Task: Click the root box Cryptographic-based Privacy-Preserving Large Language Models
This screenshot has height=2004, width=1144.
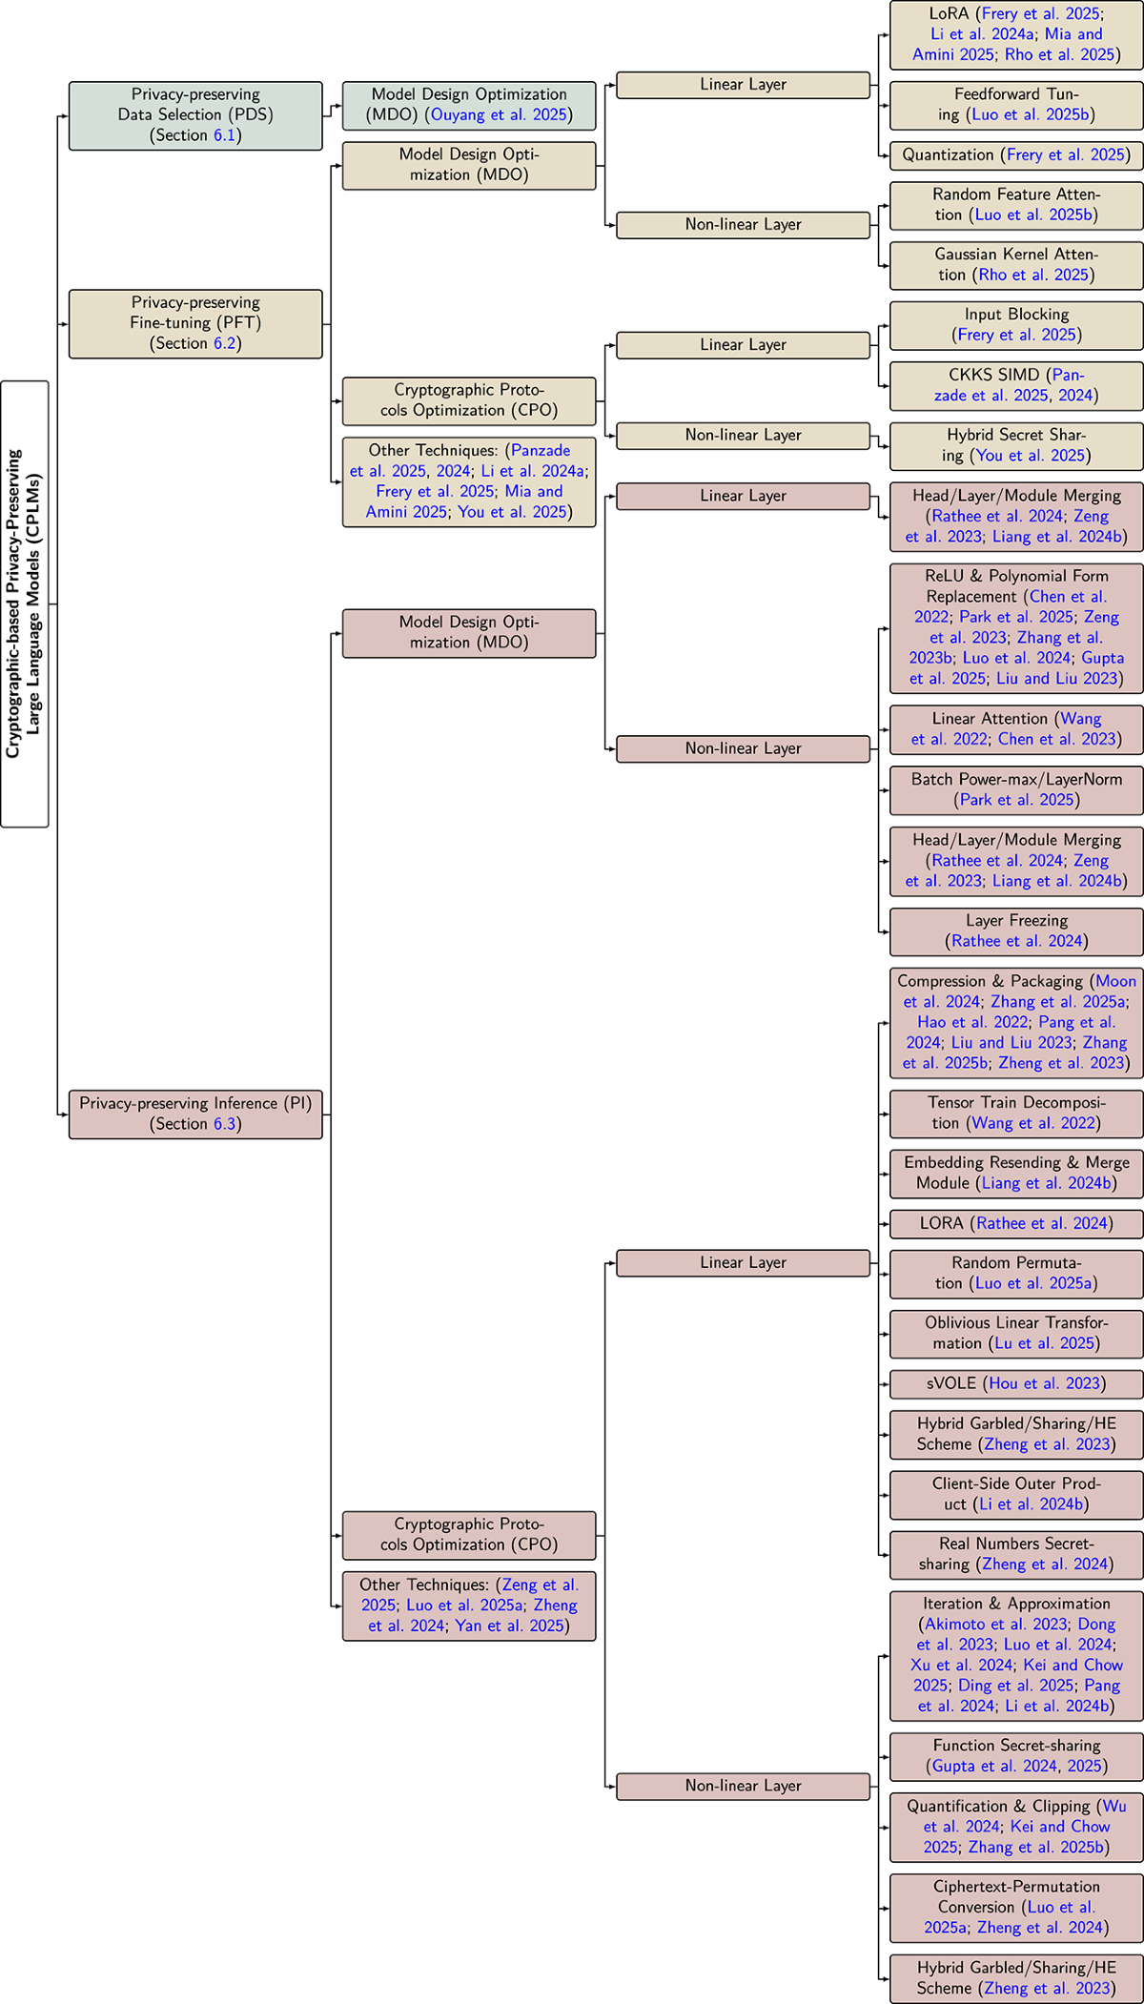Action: coord(25,603)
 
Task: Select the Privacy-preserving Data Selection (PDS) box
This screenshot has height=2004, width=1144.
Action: coord(195,115)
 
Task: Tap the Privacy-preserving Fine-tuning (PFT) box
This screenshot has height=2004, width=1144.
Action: coord(195,323)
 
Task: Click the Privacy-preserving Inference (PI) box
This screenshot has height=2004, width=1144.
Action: coord(195,1114)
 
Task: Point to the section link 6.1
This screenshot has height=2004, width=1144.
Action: coord(224,135)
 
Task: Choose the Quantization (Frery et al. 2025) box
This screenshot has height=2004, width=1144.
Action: coord(1016,155)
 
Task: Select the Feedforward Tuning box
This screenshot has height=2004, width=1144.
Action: coord(1016,105)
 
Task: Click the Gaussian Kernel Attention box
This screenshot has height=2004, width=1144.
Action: coord(1016,265)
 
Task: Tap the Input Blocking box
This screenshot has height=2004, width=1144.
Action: coord(1016,325)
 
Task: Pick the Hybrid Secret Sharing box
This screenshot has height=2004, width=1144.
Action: coord(1016,445)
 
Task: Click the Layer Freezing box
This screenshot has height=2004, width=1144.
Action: coord(1016,931)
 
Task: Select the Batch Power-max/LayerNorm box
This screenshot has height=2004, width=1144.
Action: coord(1016,789)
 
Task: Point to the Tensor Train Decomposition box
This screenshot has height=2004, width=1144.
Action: coord(1016,1114)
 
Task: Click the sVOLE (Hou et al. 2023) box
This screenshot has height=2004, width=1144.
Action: coord(1016,1383)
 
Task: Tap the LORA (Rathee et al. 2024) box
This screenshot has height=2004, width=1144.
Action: coord(1016,1223)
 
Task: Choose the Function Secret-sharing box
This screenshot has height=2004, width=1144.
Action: coord(1016,1756)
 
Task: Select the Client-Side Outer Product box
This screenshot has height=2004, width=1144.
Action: coord(1016,1494)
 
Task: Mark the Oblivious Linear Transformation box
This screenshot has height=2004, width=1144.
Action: coord(1016,1333)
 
